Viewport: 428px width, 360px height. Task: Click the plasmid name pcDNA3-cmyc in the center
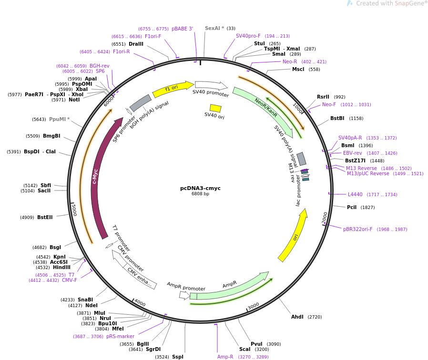pyautogui.click(x=200, y=188)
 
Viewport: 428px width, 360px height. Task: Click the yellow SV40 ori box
pyautogui.click(x=215, y=108)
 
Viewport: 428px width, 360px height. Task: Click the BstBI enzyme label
pyautogui.click(x=337, y=119)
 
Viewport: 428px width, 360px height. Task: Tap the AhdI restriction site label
pyautogui.click(x=297, y=317)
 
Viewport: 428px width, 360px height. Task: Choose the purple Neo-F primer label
pyautogui.click(x=329, y=105)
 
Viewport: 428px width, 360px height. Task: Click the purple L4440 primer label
pyautogui.click(x=355, y=194)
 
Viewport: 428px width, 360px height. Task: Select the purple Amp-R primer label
pyautogui.click(x=225, y=357)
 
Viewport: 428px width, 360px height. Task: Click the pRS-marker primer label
pyautogui.click(x=120, y=336)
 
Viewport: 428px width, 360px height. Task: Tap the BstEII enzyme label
pyautogui.click(x=45, y=217)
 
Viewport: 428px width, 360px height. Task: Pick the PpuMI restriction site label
pyautogui.click(x=59, y=119)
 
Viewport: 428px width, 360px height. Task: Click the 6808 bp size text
pyautogui.click(x=200, y=194)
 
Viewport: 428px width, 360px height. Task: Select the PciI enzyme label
pyautogui.click(x=352, y=207)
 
